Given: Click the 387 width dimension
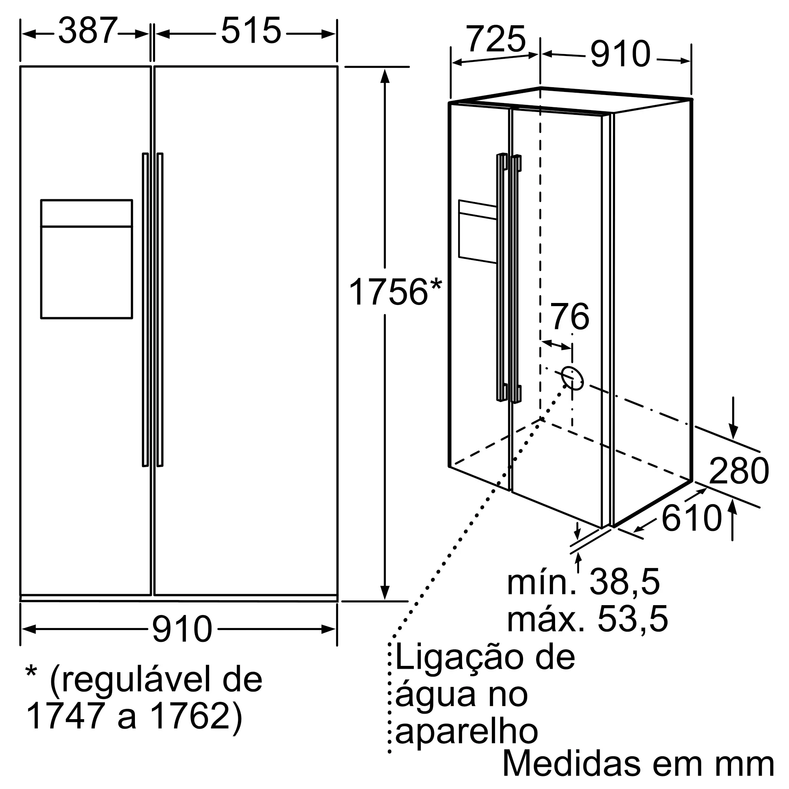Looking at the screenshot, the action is pos(88,31).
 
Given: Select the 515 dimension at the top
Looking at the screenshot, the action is pos(251,31).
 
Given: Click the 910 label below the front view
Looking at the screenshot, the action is pos(182,629).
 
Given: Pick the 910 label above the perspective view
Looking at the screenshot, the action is pos(620,54).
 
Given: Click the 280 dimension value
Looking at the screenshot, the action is pos(739,471).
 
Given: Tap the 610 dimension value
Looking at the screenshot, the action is pos(692,519).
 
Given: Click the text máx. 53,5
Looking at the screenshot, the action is pos(587,619).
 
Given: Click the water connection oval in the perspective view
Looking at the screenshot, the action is pos(572,378).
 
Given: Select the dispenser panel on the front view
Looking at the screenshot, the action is pos(86,259).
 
